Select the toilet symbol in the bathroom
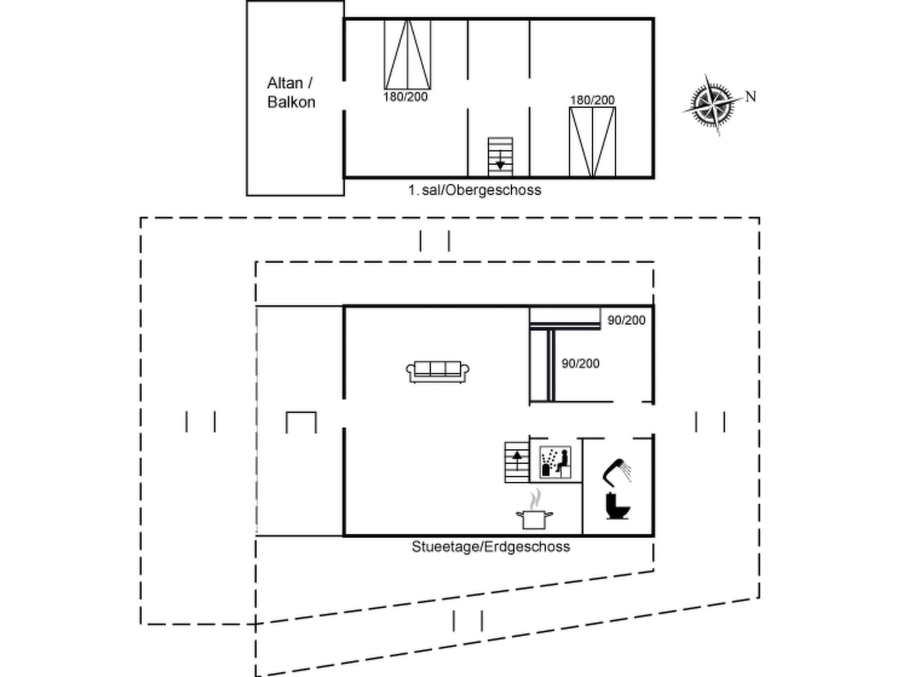point(617,506)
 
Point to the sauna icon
point(556,462)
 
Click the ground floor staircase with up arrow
point(517,462)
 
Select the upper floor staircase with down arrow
point(500,157)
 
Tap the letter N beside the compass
point(751,97)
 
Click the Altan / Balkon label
point(291,93)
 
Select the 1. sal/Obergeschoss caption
point(474,190)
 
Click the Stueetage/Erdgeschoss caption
point(491,547)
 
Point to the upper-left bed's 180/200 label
point(406,97)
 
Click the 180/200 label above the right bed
point(592,100)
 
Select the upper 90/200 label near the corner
point(627,320)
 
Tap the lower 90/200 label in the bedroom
point(581,364)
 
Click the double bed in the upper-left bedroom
point(407,55)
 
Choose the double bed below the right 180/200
point(593,142)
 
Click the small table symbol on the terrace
point(301,422)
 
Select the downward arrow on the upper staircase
point(500,160)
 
